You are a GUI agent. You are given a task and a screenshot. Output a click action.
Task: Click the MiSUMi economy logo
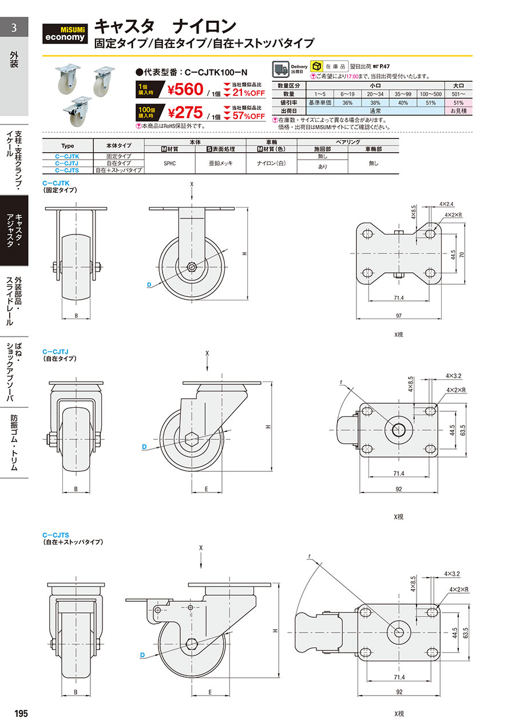(65, 34)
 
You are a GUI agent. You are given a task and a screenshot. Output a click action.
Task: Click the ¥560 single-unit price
(185, 89)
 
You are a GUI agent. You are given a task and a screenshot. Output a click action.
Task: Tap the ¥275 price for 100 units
(185, 113)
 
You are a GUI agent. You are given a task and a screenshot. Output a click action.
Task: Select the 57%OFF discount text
(248, 116)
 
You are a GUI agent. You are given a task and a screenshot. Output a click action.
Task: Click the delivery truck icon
(280, 69)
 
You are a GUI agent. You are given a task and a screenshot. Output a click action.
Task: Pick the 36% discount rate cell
(347, 103)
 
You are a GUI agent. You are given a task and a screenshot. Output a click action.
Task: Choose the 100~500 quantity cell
(430, 94)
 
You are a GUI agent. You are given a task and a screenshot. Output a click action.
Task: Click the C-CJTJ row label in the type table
(67, 163)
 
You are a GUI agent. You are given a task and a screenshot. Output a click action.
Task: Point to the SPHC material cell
(169, 163)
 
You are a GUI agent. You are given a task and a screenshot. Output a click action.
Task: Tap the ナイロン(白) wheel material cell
(271, 163)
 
